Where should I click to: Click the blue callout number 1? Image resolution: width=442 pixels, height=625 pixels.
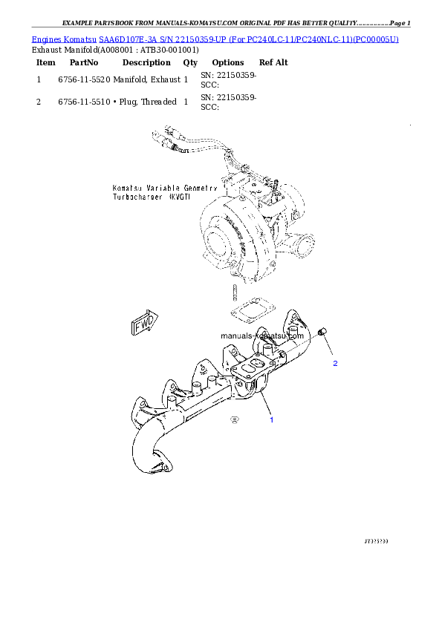[271, 420]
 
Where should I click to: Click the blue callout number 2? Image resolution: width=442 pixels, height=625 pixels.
[335, 364]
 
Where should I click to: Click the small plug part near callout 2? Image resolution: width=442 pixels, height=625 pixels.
[322, 332]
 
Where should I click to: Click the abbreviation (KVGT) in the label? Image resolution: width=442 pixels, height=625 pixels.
[181, 200]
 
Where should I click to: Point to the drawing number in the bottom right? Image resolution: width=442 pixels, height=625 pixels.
[376, 541]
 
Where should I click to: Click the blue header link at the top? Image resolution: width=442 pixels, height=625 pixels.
[215, 38]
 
